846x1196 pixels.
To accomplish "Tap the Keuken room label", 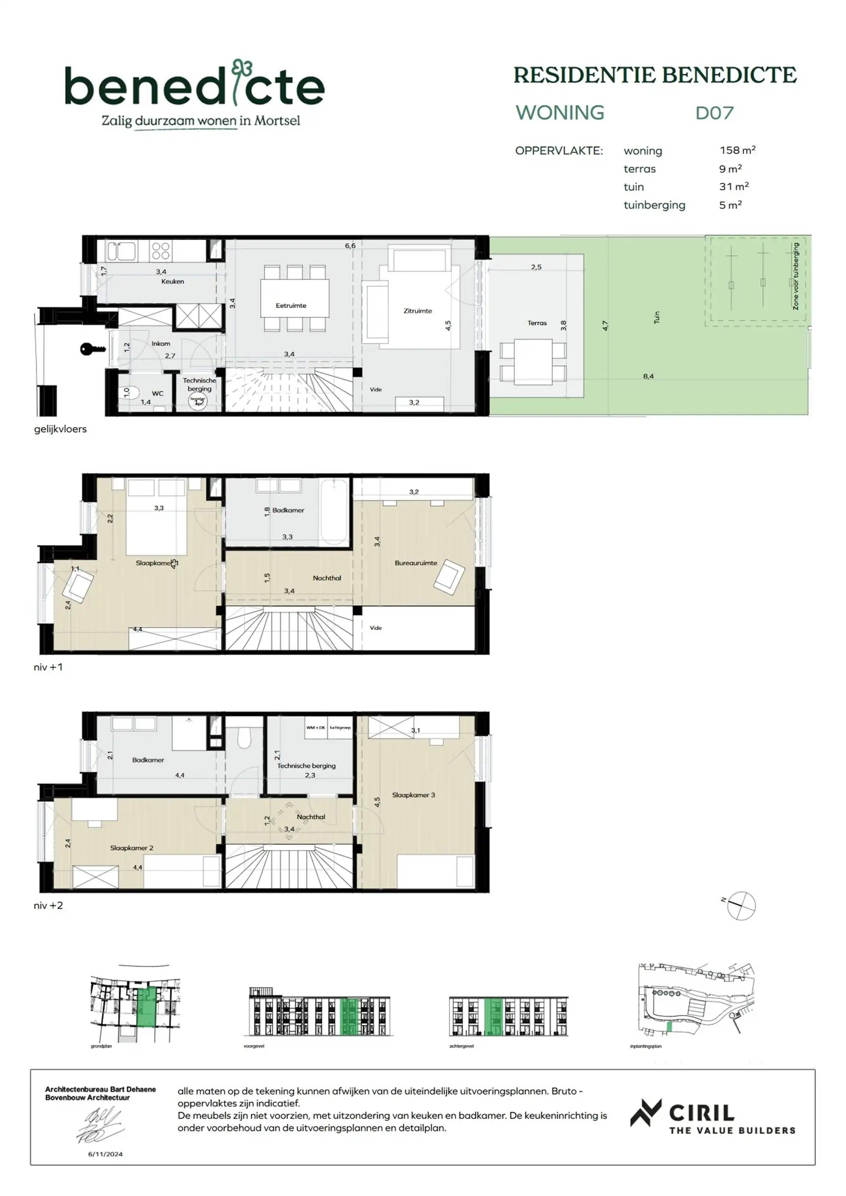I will tap(173, 281).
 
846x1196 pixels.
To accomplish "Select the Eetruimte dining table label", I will tap(291, 305).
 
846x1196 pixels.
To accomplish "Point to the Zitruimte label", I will tap(417, 311).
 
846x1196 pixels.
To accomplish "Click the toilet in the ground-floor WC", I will tap(126, 392).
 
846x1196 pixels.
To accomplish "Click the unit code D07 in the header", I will tap(714, 113).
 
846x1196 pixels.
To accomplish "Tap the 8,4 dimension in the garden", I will tap(648, 376).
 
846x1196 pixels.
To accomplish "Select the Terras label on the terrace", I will tap(536, 323).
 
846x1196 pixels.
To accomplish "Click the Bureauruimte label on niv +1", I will tap(415, 563).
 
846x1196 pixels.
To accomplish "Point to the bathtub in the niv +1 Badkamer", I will tap(333, 512).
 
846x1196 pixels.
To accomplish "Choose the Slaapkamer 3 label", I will tap(413, 795).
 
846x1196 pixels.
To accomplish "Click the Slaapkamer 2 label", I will tap(131, 847).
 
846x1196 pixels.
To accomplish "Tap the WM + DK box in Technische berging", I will tap(316, 728).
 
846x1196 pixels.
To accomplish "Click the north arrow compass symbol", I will tap(741, 905).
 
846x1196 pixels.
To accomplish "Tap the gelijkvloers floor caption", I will tap(60, 429).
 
